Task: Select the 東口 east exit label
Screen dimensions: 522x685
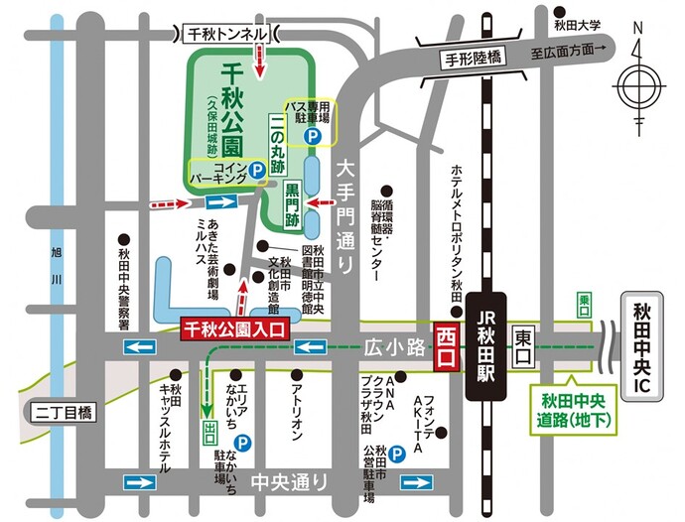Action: [x=524, y=339]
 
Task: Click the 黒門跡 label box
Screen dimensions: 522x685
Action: [x=291, y=202]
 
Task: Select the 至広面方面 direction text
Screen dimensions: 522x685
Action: [x=568, y=50]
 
